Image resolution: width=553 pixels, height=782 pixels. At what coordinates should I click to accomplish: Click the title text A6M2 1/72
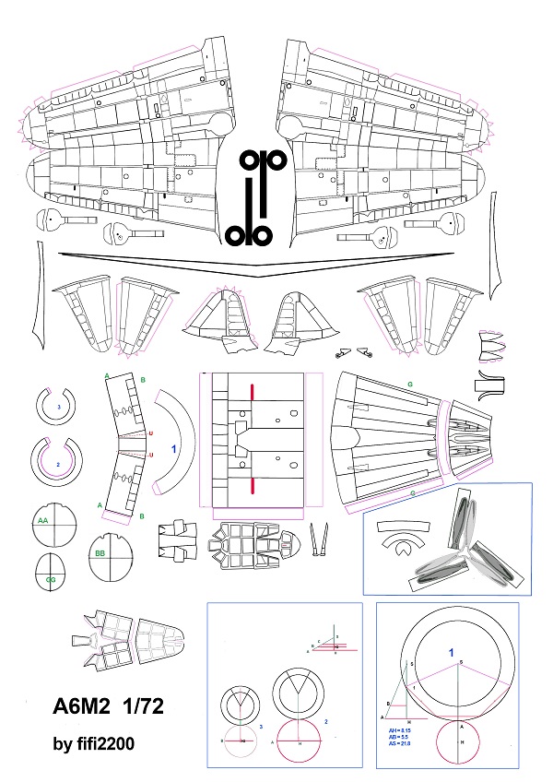click(108, 710)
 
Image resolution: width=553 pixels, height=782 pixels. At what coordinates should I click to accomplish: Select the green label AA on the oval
click(42, 520)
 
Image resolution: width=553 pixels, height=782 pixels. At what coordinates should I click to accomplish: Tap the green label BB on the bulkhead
click(100, 552)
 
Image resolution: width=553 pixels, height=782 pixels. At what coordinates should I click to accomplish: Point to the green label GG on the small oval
click(51, 579)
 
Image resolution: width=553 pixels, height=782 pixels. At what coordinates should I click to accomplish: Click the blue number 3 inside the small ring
click(59, 406)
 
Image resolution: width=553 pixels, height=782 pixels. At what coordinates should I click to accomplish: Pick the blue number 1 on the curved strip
click(173, 449)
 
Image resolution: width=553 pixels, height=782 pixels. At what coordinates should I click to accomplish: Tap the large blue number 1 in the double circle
click(452, 653)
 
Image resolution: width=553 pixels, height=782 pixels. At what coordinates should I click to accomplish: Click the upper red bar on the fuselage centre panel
click(252, 393)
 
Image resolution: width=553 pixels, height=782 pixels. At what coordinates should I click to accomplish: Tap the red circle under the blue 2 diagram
click(300, 741)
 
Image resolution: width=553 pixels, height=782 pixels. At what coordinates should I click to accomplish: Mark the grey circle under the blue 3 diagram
click(240, 741)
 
